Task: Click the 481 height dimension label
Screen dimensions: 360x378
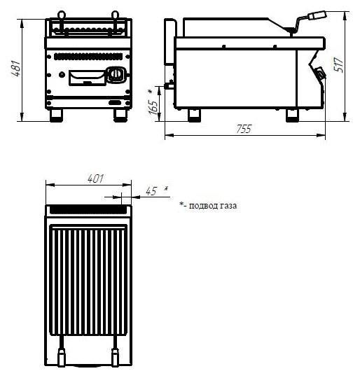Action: [x=16, y=69]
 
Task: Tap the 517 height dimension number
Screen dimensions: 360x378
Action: [x=338, y=64]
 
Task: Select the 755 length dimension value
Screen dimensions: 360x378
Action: [x=244, y=129]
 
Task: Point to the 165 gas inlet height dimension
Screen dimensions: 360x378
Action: [x=153, y=107]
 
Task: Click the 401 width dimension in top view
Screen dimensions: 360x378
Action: [x=95, y=178]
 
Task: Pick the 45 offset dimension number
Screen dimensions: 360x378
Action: [x=151, y=191]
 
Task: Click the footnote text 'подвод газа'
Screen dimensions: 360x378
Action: [x=213, y=206]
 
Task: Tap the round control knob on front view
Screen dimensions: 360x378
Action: [x=116, y=73]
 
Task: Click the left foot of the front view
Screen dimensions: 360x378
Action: [x=56, y=115]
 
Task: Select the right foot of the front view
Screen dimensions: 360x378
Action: [x=120, y=115]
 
